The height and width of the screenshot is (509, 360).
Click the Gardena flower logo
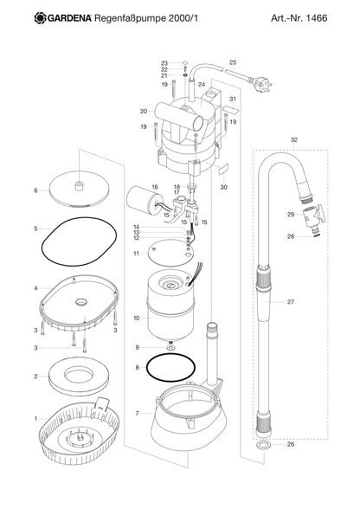click(41, 18)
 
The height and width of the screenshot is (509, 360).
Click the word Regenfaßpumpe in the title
click(130, 18)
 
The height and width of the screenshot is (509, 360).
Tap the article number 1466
click(317, 18)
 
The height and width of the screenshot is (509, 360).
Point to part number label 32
click(293, 140)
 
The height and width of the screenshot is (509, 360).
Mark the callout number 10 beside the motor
click(137, 319)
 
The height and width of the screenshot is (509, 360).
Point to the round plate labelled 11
click(170, 254)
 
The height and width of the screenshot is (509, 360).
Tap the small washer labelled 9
click(170, 348)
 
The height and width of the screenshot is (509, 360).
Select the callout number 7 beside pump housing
click(138, 413)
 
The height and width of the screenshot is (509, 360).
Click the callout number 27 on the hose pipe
click(291, 302)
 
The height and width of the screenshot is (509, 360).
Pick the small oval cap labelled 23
click(185, 63)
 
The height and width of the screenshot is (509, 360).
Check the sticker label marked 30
click(222, 169)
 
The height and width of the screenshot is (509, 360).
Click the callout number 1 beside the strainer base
click(35, 419)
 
